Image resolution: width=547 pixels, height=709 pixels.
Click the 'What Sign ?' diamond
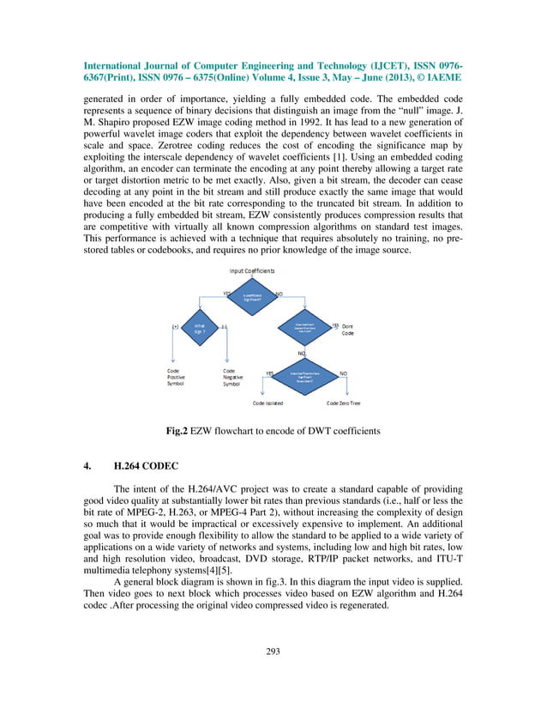pyautogui.click(x=199, y=328)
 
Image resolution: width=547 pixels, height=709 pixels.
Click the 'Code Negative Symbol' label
pyautogui.click(x=233, y=377)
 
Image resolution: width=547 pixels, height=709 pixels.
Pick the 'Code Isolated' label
pyautogui.click(x=267, y=403)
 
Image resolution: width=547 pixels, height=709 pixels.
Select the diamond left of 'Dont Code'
pyautogui.click(x=305, y=328)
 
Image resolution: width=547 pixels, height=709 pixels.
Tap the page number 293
pyautogui.click(x=273, y=652)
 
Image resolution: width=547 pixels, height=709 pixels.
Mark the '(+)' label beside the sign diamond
pyautogui.click(x=175, y=327)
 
